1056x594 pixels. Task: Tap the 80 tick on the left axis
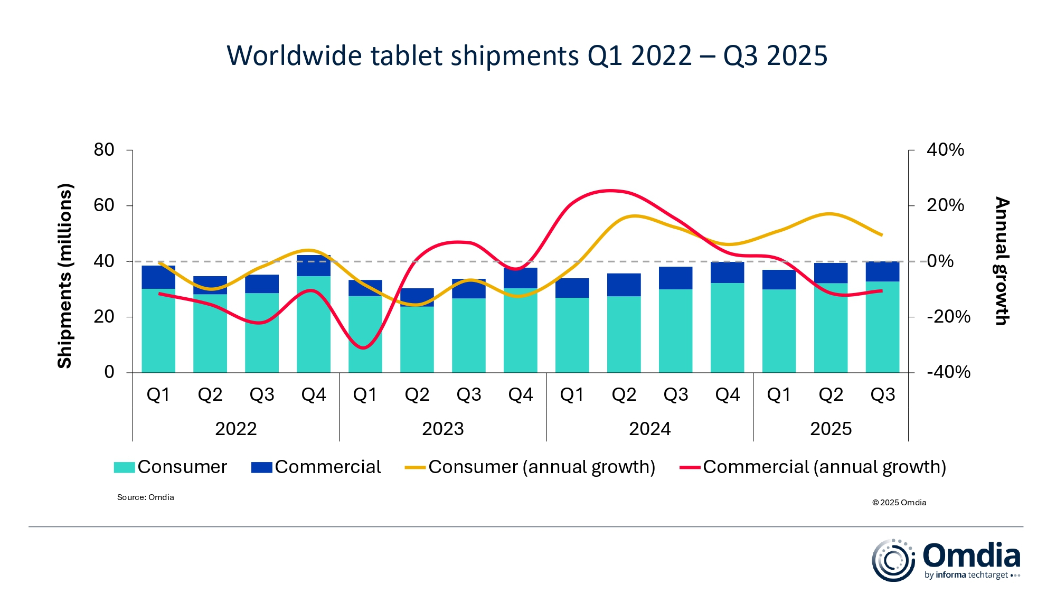tap(104, 150)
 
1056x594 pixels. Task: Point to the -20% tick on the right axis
tap(948, 317)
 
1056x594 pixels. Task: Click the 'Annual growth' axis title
tap(1002, 261)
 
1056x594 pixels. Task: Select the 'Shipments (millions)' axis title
tap(64, 275)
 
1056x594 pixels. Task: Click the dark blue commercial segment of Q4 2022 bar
tap(314, 266)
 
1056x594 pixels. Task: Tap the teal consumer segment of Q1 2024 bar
tap(572, 335)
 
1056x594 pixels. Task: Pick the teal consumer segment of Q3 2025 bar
tap(882, 327)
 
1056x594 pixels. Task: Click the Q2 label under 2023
tap(417, 395)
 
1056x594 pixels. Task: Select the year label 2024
tap(649, 429)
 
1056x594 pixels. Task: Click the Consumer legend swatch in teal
tap(125, 467)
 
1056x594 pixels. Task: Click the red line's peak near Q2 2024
tap(610, 190)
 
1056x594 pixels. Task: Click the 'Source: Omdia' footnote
tap(145, 497)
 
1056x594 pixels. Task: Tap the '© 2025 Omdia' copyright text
tap(899, 503)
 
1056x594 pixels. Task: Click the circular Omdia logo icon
tap(893, 560)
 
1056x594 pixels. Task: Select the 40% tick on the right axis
tap(945, 150)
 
